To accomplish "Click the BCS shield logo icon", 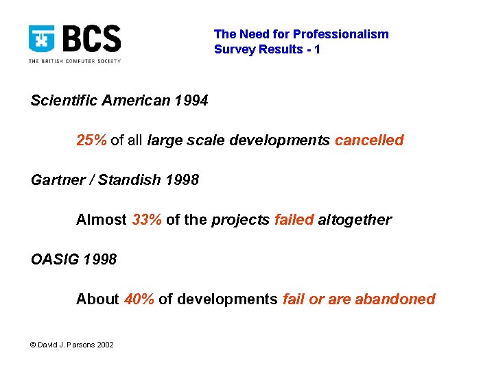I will click(42, 40).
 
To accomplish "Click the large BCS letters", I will click(91, 40).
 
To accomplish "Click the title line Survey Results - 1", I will click(267, 49).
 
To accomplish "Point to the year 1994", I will click(191, 101).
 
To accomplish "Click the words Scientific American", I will click(100, 101).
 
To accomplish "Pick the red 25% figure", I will click(91, 140).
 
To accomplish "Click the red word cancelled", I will click(369, 140).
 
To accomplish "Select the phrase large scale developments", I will click(239, 140).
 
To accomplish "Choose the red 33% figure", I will click(147, 220).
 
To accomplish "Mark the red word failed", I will click(294, 220).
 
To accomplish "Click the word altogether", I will click(355, 220).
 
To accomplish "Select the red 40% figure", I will click(139, 299).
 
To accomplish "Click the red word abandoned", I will click(395, 299).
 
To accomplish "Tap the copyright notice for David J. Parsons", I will click(73, 344).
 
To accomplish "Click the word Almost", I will click(102, 220).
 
